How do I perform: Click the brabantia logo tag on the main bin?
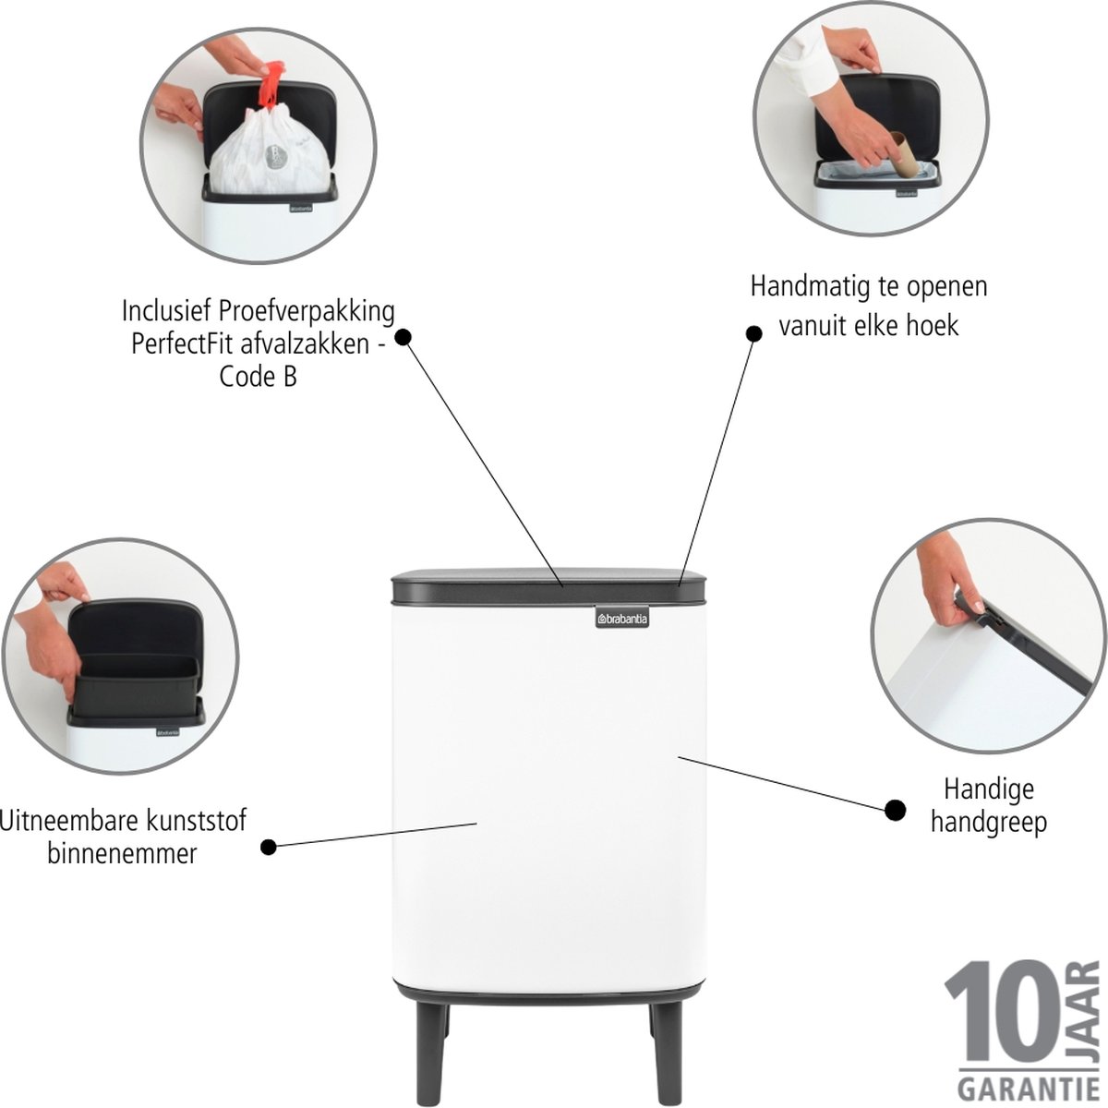622,618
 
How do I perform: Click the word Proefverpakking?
307,313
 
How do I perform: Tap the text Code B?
259,378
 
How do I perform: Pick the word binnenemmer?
122,854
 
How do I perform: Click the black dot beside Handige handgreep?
896,810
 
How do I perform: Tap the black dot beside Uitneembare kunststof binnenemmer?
269,847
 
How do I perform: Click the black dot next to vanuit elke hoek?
753,333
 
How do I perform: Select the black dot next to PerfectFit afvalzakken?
403,337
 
